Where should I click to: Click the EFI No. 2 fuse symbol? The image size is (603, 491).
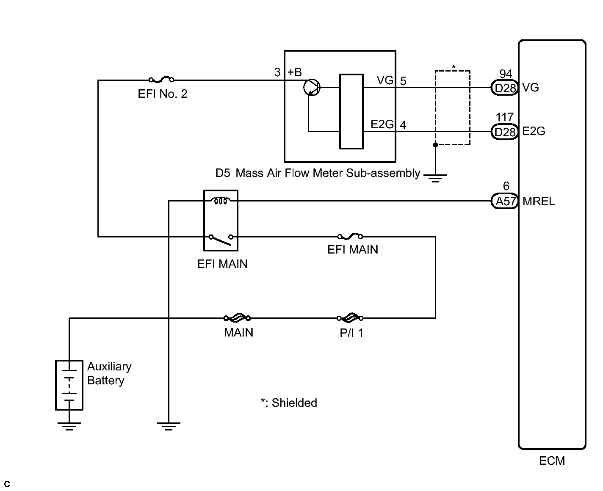point(161,79)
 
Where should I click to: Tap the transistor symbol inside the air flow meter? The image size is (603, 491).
point(312,88)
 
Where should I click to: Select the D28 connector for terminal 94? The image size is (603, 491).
point(505,88)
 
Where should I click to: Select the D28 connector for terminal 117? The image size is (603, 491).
point(505,132)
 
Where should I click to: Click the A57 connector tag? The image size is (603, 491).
point(505,201)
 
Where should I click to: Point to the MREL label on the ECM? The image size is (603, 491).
point(539,201)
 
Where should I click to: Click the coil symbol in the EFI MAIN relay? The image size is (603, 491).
point(221,201)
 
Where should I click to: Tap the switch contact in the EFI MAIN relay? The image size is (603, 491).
point(221,240)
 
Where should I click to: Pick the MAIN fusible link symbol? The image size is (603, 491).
point(237,317)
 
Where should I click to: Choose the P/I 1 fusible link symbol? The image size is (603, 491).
point(350,317)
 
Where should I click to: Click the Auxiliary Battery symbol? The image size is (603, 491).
point(69,385)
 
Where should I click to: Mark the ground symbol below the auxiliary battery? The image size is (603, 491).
point(69,426)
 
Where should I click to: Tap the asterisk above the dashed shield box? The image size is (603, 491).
point(454,67)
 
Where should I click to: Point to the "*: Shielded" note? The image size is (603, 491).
point(289,403)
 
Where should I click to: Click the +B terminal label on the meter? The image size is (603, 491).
point(295,72)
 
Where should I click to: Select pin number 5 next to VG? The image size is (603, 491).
point(403,81)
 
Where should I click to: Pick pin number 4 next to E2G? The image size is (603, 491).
point(403,125)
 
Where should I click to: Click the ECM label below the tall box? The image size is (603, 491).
point(552,461)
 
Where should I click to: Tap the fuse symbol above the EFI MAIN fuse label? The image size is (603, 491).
point(350,237)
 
